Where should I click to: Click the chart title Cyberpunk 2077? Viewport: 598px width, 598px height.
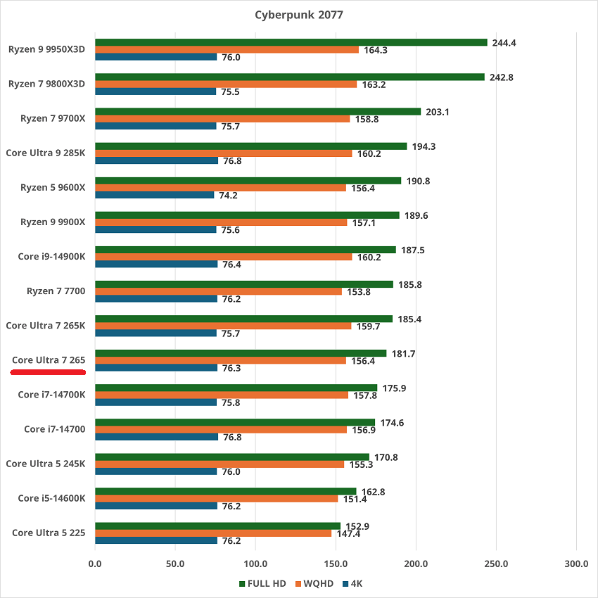point(299,15)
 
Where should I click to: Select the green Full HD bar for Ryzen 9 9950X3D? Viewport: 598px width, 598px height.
point(291,42)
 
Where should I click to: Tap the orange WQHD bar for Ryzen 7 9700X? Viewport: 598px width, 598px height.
point(222,118)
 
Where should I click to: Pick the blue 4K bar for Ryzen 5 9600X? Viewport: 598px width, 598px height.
point(154,195)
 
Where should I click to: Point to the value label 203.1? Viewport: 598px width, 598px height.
point(437,112)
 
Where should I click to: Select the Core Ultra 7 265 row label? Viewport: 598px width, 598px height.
point(49,360)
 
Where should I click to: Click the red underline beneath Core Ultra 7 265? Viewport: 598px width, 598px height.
point(48,371)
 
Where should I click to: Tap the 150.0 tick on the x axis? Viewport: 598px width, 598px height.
point(336,564)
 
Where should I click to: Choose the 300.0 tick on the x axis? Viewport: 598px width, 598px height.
point(576,564)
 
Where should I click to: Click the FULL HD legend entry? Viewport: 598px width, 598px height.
point(262,583)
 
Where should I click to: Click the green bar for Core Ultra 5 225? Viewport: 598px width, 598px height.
point(217,526)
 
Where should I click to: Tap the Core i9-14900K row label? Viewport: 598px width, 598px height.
point(51,257)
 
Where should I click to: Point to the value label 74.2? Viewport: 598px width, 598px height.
point(229,196)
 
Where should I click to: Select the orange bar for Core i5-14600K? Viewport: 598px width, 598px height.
point(216,499)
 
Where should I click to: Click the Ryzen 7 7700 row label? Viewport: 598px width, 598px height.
point(56,291)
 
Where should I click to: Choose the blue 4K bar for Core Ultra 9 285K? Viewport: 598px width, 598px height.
point(156,160)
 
